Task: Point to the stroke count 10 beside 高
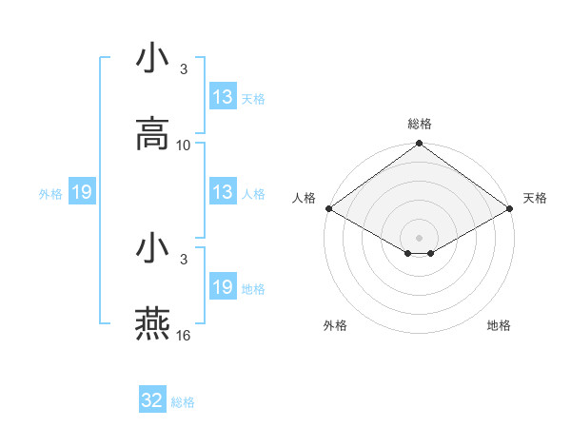click(184, 145)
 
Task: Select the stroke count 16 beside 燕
click(184, 335)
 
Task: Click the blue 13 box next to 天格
click(223, 97)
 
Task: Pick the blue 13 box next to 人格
click(223, 192)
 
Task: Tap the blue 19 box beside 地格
click(223, 287)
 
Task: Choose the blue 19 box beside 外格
click(81, 193)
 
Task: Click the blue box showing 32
click(152, 400)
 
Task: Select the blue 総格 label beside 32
click(183, 402)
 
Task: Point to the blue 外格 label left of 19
click(50, 194)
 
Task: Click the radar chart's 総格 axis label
click(420, 124)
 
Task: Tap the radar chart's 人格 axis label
click(304, 198)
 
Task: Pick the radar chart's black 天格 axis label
click(535, 198)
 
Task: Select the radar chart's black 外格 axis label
click(335, 325)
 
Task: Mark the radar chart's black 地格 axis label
click(499, 325)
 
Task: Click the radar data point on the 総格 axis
click(420, 145)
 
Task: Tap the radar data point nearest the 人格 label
click(328, 208)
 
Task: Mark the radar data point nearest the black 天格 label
click(511, 208)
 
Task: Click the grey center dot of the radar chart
click(420, 237)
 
